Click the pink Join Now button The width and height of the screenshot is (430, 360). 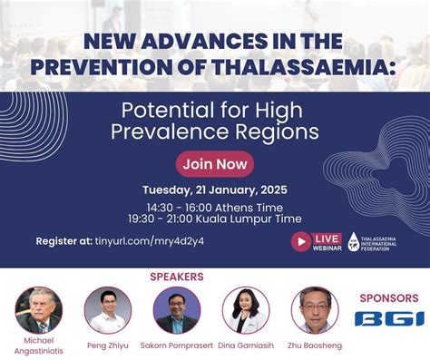tap(215, 164)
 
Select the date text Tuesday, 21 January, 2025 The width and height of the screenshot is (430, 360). tap(215, 190)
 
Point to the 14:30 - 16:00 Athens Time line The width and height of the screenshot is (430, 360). tap(215, 207)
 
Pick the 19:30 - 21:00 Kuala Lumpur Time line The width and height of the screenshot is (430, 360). tap(215, 220)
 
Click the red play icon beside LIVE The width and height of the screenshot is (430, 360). tap(301, 241)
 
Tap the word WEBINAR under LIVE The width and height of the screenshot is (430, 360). tap(327, 247)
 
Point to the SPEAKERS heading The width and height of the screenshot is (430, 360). tap(176, 277)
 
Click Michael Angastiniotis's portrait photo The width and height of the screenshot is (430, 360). tap(38, 309)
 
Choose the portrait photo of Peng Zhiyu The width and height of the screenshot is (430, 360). tap(108, 309)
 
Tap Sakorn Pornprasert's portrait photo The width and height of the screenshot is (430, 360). tap(177, 309)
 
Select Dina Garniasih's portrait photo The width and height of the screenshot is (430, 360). tap(246, 309)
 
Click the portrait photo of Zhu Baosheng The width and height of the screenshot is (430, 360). tap(315, 309)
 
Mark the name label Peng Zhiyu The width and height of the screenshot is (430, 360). tap(108, 346)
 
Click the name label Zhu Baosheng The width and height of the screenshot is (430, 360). tap(315, 346)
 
